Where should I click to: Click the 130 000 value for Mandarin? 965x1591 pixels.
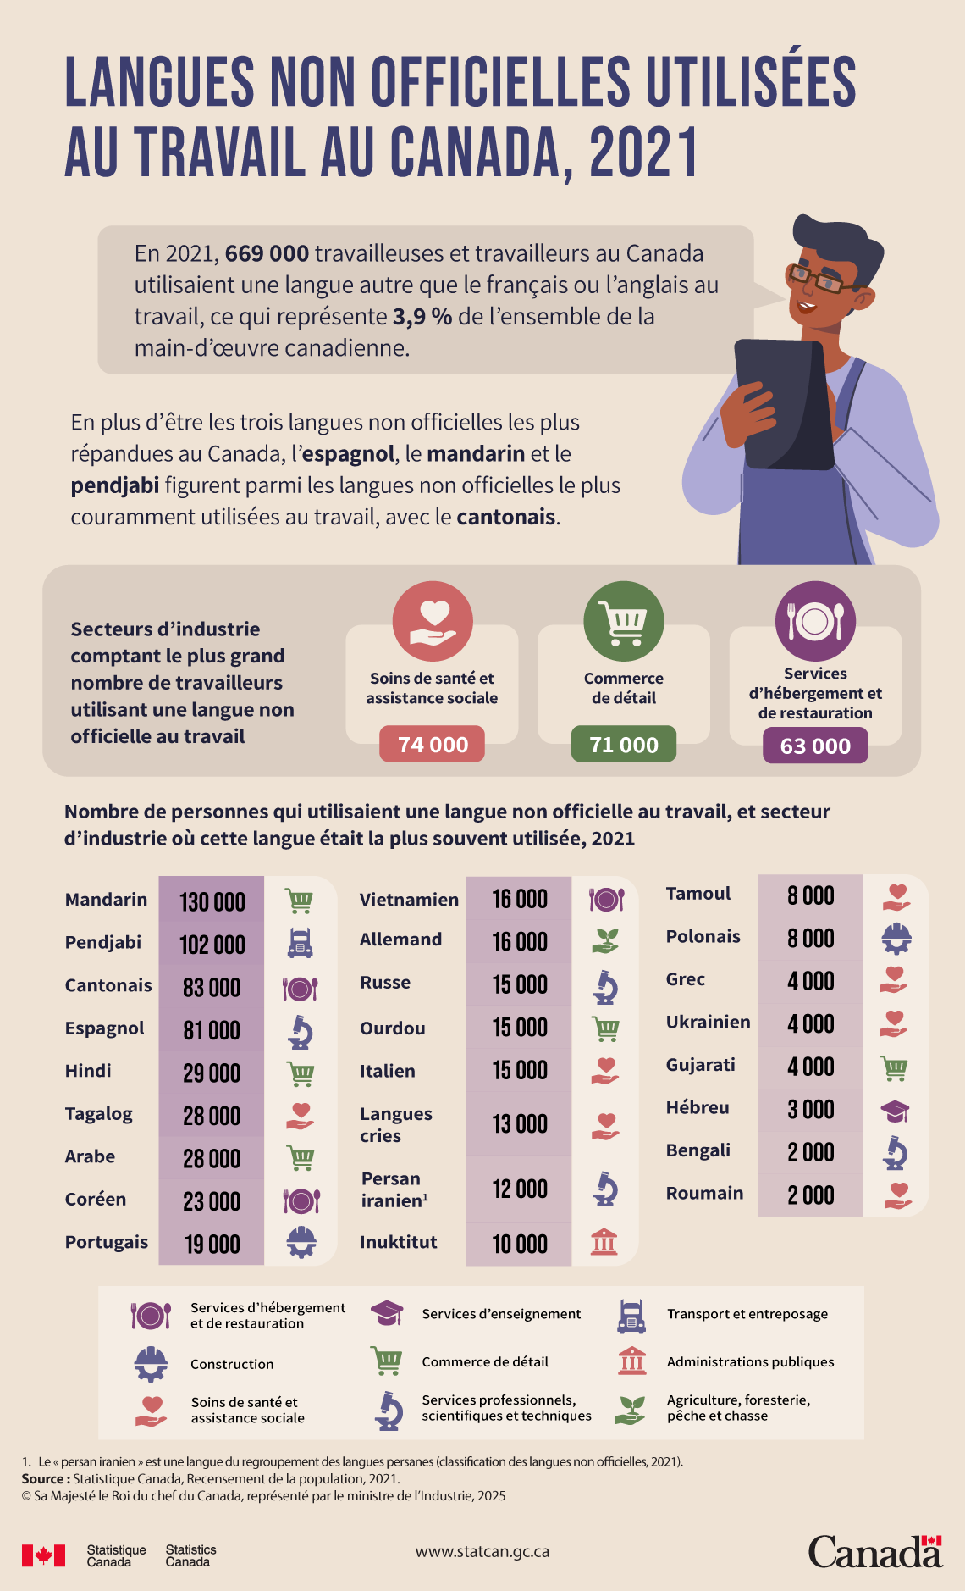pyautogui.click(x=212, y=901)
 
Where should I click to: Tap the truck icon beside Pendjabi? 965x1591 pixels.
pyautogui.click(x=300, y=943)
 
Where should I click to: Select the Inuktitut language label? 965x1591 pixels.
pyautogui.click(x=398, y=1242)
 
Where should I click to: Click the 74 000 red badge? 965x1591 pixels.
pyautogui.click(x=432, y=744)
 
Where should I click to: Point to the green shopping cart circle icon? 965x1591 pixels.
pyautogui.click(x=624, y=620)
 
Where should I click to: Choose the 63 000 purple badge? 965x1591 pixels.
pyautogui.click(x=815, y=746)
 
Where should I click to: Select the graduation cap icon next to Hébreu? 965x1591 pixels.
pyautogui.click(x=895, y=1111)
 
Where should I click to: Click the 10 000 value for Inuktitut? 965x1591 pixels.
pyautogui.click(x=520, y=1244)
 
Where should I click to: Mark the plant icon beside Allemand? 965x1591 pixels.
pyautogui.click(x=605, y=940)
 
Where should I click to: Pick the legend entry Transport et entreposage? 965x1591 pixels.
pyautogui.click(x=747, y=1314)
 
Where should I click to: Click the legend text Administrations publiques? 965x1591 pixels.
pyautogui.click(x=750, y=1362)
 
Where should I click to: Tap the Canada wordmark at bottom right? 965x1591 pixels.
pyautogui.click(x=874, y=1552)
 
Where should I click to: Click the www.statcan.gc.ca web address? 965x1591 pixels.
pyautogui.click(x=482, y=1552)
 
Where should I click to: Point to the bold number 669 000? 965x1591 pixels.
pyautogui.click(x=267, y=253)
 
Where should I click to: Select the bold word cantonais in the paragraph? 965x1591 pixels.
pyautogui.click(x=506, y=517)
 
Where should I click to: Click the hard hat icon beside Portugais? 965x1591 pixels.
pyautogui.click(x=301, y=1242)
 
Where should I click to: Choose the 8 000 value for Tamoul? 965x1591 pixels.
pyautogui.click(x=810, y=895)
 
